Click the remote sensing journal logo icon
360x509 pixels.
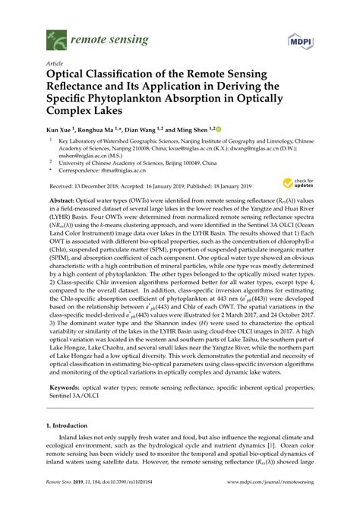(x=55, y=35)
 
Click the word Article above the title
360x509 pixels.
(x=56, y=63)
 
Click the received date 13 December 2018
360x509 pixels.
(x=104, y=185)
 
